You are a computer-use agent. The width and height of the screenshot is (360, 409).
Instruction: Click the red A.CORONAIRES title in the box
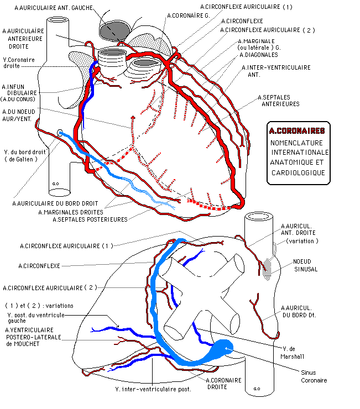[297, 131]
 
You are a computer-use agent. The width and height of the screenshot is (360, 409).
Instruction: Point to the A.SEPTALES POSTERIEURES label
[90, 219]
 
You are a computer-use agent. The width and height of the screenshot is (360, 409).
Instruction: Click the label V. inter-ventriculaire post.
[153, 389]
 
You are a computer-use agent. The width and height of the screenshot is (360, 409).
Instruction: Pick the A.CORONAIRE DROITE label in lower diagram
[223, 384]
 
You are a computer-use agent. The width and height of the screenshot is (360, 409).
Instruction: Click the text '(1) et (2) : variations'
[39, 306]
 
